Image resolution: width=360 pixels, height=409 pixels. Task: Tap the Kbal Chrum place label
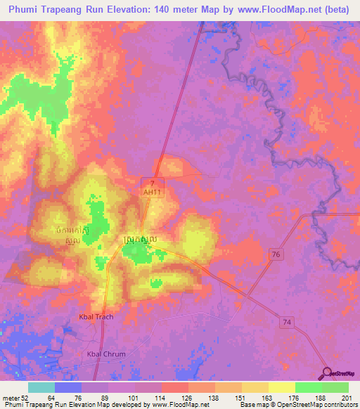tap(105, 354)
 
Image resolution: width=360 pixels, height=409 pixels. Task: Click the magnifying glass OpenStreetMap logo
tap(325, 372)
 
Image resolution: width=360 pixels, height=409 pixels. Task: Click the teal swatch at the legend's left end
tap(41, 388)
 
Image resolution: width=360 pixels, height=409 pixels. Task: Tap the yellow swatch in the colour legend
tap(281, 388)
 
